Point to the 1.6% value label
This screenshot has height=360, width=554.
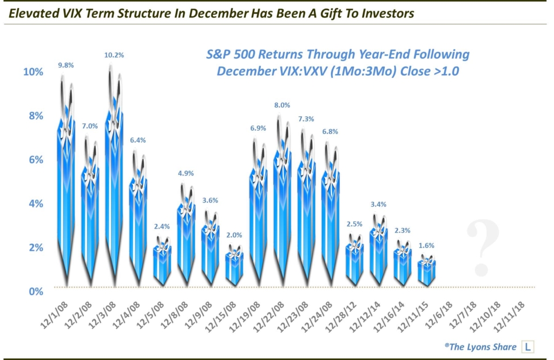[426, 245]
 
